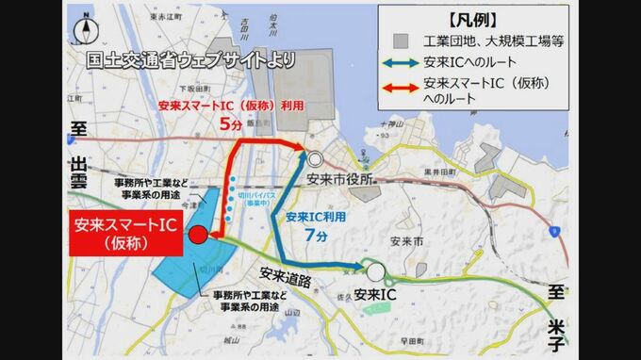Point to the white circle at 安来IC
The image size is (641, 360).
click(376, 272)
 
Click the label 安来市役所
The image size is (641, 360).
click(340, 178)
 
